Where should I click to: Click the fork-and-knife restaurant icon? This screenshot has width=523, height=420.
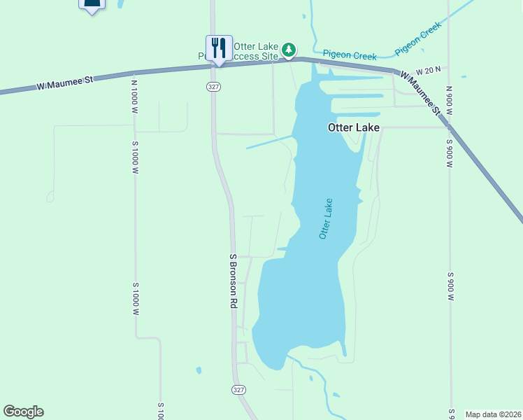pyautogui.click(x=219, y=48)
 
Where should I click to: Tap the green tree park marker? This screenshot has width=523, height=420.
pyautogui.click(x=289, y=50)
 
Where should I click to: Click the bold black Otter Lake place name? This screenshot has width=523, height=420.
pyautogui.click(x=354, y=128)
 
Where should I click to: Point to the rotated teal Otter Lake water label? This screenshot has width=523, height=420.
pyautogui.click(x=326, y=219)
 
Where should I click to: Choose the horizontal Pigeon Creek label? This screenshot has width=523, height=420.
pyautogui.click(x=350, y=55)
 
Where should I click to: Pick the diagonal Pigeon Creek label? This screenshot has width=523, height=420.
pyautogui.click(x=417, y=39)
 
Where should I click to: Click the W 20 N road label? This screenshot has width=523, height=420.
pyautogui.click(x=428, y=71)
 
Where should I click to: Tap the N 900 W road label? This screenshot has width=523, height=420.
pyautogui.click(x=450, y=101)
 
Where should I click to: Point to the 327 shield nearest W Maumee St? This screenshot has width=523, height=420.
pyautogui.click(x=213, y=86)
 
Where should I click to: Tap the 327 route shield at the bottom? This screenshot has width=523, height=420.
pyautogui.click(x=239, y=389)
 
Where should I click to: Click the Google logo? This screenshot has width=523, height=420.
pyautogui.click(x=23, y=412)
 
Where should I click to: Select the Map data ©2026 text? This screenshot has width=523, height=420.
pyautogui.click(x=494, y=414)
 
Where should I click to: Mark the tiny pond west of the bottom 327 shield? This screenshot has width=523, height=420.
pyautogui.click(x=199, y=370)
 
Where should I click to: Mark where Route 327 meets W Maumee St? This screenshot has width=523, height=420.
pyautogui.click(x=213, y=66)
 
